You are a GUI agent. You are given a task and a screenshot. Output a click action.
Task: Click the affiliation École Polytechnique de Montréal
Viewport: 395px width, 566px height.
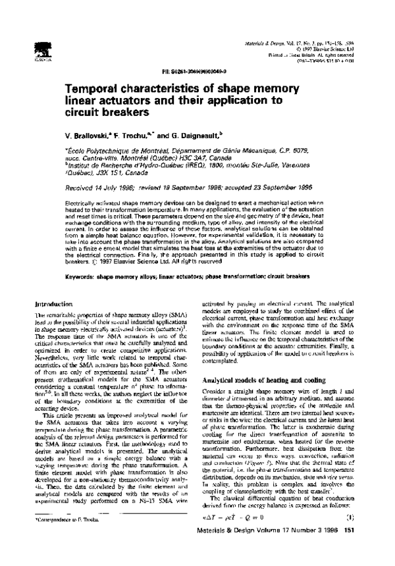point(118,151)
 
